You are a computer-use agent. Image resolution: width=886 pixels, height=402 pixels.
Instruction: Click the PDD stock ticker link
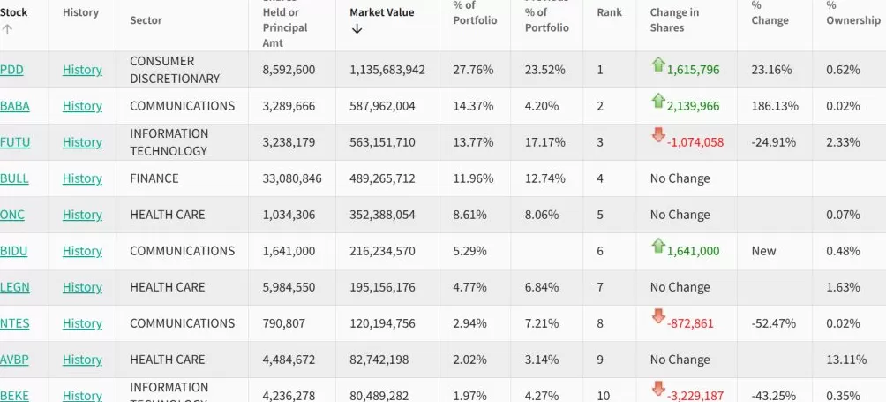12,70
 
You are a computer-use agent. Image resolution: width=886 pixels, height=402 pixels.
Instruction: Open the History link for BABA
82,106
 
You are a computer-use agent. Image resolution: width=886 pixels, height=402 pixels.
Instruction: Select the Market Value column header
380,12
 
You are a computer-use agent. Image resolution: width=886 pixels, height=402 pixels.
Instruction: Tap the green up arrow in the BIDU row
657,246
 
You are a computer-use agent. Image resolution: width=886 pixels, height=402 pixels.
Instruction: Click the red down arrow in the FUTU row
657,135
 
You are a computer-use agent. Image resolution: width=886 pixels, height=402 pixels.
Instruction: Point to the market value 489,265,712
387,178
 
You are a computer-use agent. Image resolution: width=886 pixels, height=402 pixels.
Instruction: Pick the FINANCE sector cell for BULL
154,178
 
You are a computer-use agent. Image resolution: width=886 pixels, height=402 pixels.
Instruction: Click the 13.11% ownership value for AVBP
843,360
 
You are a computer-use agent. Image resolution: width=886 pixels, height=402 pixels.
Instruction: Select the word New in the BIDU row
763,251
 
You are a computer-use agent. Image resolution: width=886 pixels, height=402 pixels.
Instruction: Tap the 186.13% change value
775,106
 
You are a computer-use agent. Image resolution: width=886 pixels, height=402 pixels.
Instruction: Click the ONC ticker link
12,215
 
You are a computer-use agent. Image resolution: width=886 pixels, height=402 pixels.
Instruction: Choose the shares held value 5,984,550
289,287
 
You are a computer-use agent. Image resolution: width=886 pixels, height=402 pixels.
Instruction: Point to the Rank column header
610,12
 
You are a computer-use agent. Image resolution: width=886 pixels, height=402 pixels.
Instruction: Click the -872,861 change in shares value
693,323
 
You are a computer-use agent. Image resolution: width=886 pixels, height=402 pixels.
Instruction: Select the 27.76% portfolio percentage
473,70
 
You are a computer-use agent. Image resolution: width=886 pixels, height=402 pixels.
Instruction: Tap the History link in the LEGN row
82,287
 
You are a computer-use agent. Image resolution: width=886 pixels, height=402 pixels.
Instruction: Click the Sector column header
146,19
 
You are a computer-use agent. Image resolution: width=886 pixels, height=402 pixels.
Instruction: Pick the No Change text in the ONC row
680,215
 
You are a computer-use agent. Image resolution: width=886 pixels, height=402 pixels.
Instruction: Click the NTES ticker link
14,323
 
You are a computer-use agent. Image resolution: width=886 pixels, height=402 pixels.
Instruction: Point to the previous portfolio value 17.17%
545,142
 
